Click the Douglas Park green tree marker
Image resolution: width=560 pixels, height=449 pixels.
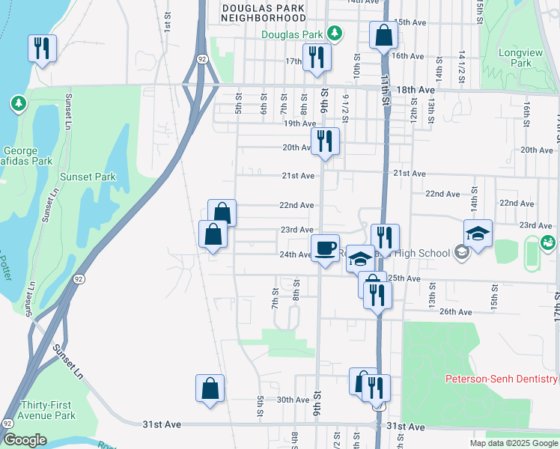coord(337,34)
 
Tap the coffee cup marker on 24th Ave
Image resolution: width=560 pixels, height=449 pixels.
coord(325,248)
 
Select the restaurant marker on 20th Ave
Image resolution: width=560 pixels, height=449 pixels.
coord(325,141)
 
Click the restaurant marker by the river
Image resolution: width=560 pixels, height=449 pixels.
coord(42,49)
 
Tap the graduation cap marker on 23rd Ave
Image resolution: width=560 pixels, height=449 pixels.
coord(477,233)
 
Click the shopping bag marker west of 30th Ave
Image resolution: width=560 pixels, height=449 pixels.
coord(210,388)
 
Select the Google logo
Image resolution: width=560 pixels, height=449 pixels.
coord(25,440)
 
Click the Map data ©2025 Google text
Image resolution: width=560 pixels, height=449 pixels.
coord(514,443)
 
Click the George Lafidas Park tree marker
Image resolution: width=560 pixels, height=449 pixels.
coord(18,103)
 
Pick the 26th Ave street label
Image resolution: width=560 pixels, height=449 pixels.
coord(456,311)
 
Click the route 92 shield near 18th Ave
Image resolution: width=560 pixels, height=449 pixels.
coord(202,58)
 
